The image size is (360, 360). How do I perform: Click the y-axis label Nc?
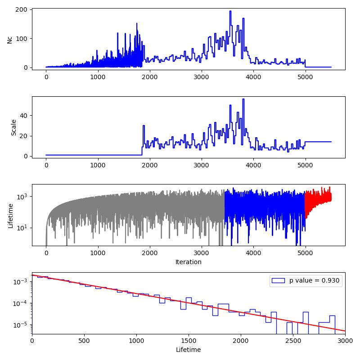[9, 39]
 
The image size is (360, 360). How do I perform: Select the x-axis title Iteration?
[188, 261]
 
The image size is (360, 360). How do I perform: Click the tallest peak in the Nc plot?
[230, 12]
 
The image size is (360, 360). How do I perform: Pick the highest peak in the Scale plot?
[243, 99]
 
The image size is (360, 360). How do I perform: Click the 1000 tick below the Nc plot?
[98, 77]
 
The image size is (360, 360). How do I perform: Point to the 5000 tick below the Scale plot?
[305, 165]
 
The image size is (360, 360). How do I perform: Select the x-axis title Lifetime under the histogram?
[188, 349]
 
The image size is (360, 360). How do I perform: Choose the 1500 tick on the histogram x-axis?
[188, 341]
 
